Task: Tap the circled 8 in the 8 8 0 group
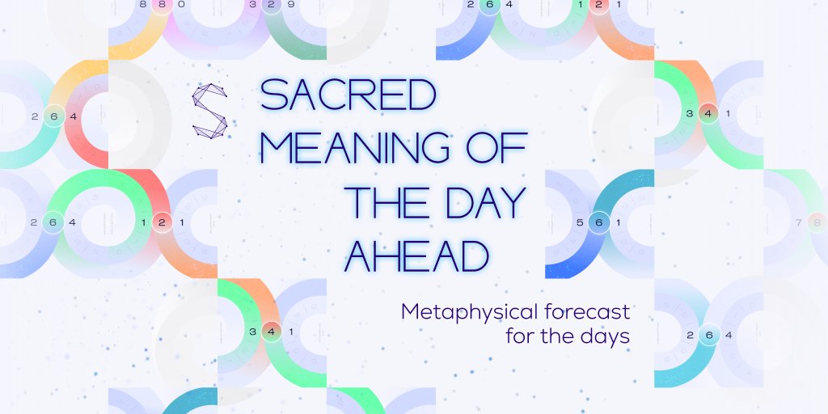[162, 4]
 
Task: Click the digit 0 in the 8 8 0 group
[181, 4]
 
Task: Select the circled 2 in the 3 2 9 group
[272, 4]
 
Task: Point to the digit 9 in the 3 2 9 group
[291, 4]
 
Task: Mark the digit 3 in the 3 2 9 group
[253, 4]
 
